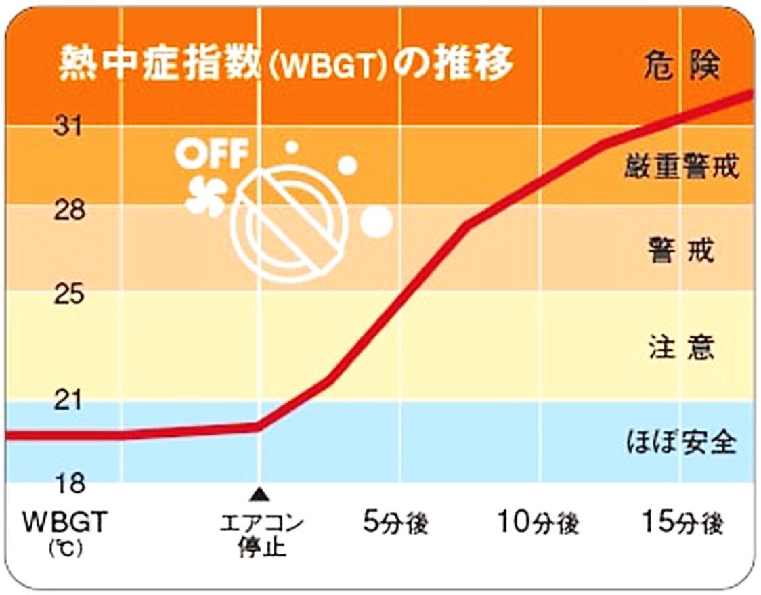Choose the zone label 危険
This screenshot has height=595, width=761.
click(680, 66)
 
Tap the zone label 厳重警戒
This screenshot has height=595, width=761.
click(680, 166)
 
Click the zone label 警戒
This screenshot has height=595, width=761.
click(680, 251)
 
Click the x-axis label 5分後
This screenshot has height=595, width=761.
click(396, 523)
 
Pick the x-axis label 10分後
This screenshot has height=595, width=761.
click(538, 523)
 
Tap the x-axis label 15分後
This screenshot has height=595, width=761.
click(682, 523)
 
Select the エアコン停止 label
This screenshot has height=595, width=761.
click(261, 535)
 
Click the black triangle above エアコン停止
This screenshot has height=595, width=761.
click(260, 495)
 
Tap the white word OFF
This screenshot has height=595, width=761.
click(212, 154)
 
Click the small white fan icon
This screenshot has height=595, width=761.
click(207, 197)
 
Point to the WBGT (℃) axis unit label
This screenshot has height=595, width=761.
click(65, 534)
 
